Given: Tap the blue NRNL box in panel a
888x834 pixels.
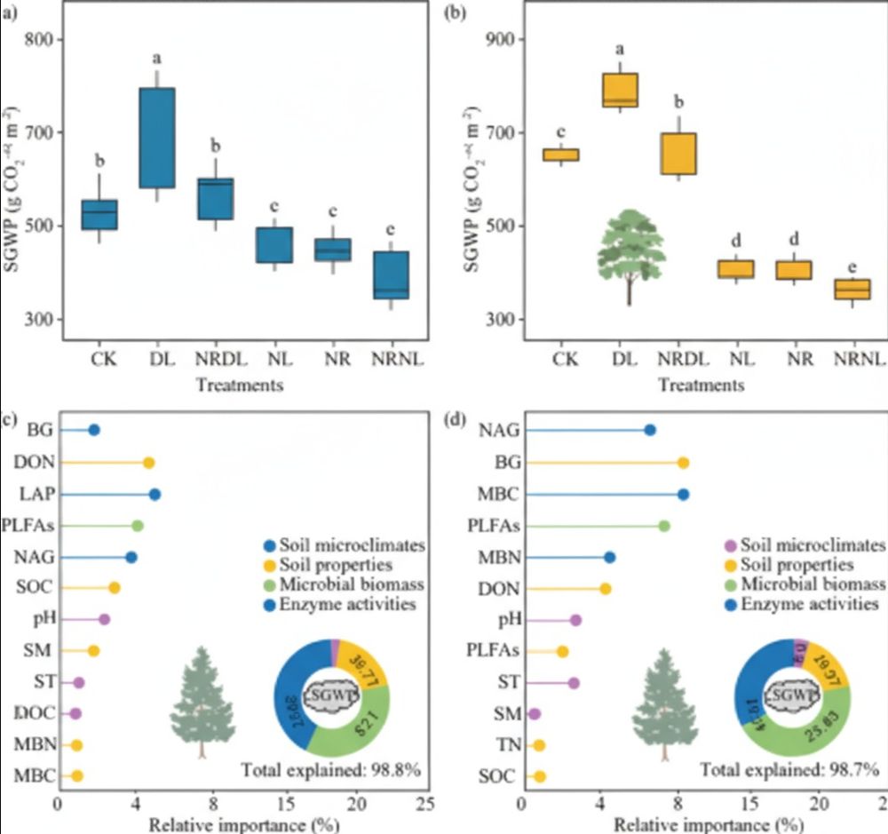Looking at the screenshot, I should click(392, 275).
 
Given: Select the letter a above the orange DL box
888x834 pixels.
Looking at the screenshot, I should click(620, 50).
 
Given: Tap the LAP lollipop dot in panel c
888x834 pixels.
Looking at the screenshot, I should click(155, 494).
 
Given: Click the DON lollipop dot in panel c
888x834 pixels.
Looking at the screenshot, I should click(149, 463).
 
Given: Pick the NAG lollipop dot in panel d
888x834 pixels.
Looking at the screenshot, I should click(650, 430).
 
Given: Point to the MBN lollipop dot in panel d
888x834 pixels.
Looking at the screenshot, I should click(609, 557).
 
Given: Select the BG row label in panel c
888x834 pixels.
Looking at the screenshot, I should click(40, 430).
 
